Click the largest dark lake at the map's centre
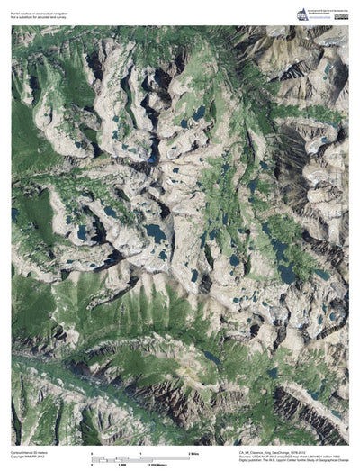coord(156,233)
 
